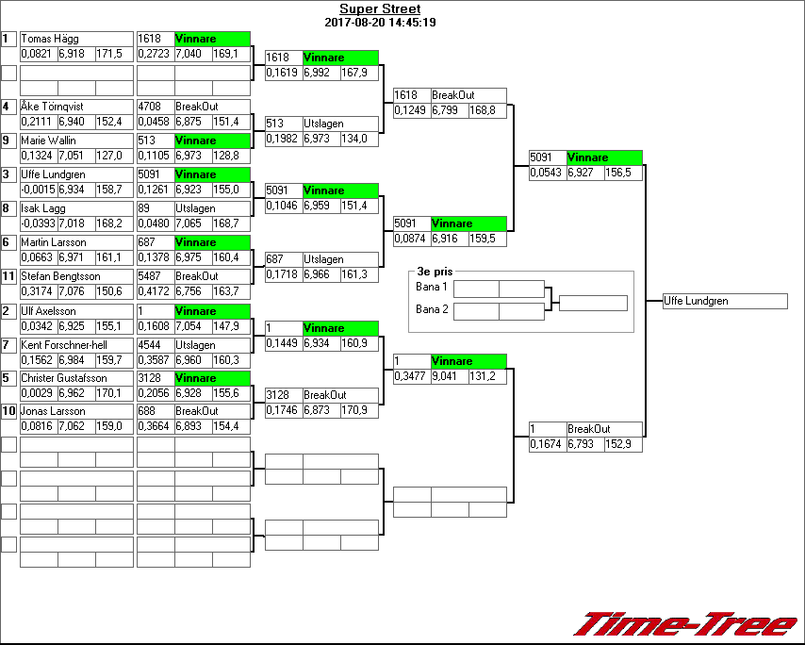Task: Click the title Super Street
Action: point(379,9)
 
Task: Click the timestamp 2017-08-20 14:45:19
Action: point(379,22)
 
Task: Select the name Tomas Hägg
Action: point(51,39)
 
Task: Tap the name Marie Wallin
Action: point(49,141)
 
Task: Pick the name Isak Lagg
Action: point(43,208)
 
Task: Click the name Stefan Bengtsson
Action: point(58,276)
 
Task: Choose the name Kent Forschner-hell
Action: point(64,345)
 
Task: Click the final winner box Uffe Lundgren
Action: point(725,301)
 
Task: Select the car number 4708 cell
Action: point(155,107)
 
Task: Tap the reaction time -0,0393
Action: point(38,223)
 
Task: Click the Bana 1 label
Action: point(431,287)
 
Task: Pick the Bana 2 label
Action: point(431,309)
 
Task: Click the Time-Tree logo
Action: point(686,624)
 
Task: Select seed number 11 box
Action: point(8,276)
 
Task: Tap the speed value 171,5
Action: point(113,54)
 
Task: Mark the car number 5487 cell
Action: point(155,276)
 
